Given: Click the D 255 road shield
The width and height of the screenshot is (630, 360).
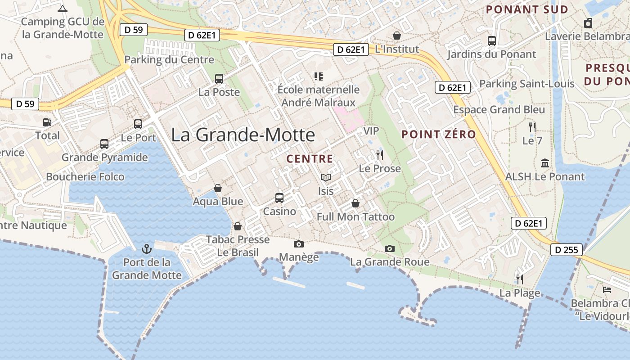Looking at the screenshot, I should (567, 250).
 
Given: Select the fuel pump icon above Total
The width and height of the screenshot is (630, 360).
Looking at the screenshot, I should (47, 122).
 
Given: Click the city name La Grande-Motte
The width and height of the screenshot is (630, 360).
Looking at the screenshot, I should (243, 135).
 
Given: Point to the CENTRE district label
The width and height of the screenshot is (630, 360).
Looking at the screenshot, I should (310, 159).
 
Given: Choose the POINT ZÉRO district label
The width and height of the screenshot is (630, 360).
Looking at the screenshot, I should (438, 135).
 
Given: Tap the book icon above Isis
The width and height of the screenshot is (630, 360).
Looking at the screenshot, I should (325, 178).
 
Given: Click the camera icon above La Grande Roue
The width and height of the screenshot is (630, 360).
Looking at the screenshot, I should (390, 248).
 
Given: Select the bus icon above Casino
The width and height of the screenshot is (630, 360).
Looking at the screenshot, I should (279, 198).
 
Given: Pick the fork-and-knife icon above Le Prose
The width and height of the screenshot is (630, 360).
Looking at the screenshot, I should (380, 155).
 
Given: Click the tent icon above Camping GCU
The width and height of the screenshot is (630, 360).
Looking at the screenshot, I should (63, 9).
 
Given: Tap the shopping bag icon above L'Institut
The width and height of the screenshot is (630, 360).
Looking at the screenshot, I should (397, 35).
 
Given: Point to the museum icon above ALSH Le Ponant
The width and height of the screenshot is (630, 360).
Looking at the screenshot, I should (545, 163).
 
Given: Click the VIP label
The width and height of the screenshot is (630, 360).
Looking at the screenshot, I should (371, 131).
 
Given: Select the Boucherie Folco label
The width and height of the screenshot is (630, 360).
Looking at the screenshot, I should (85, 177).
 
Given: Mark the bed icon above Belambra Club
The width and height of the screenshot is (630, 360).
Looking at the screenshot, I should (607, 290).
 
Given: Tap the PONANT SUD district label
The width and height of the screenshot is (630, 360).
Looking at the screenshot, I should (527, 9).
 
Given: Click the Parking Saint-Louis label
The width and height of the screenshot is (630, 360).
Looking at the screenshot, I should (526, 84).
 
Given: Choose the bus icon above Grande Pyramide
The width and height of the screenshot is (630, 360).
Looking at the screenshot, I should (104, 144).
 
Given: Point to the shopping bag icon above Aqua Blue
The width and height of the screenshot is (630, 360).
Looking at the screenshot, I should (218, 188).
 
